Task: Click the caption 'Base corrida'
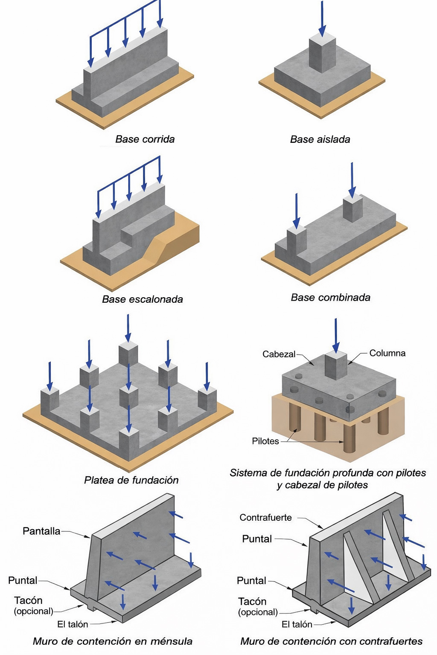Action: [145, 139]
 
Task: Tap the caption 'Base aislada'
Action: [320, 139]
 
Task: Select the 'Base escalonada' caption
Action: [142, 299]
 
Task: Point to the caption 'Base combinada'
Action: [330, 297]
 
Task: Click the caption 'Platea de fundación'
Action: [131, 480]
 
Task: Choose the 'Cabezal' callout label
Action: [279, 354]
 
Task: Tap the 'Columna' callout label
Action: [387, 353]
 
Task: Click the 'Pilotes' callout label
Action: [265, 441]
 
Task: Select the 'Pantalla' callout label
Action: [41, 531]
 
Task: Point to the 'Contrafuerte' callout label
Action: [265, 518]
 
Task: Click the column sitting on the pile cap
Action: [336, 365]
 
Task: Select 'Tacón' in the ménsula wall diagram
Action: [28, 600]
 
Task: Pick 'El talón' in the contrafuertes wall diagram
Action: [297, 624]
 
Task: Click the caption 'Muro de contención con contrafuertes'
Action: [331, 641]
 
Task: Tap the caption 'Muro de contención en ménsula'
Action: [113, 641]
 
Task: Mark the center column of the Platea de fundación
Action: [128, 397]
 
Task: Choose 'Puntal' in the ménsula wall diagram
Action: [23, 580]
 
